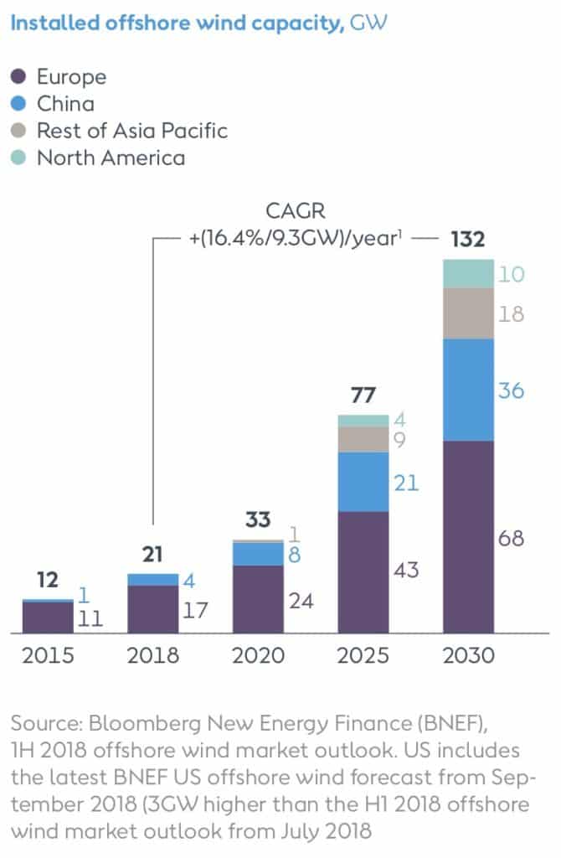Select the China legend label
pyautogui.click(x=65, y=104)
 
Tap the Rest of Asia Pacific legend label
pyautogui.click(x=131, y=131)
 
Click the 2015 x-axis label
pyautogui.click(x=48, y=655)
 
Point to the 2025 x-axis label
pyautogui.click(x=363, y=655)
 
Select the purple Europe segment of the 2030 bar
pyautogui.click(x=468, y=536)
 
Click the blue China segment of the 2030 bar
pyautogui.click(x=468, y=390)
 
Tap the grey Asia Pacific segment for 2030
pyautogui.click(x=468, y=313)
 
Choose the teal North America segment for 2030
pyautogui.click(x=468, y=274)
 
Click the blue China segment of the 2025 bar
pyautogui.click(x=363, y=482)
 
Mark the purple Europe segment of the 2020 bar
pyautogui.click(x=258, y=599)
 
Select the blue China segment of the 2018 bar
pyautogui.click(x=153, y=580)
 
